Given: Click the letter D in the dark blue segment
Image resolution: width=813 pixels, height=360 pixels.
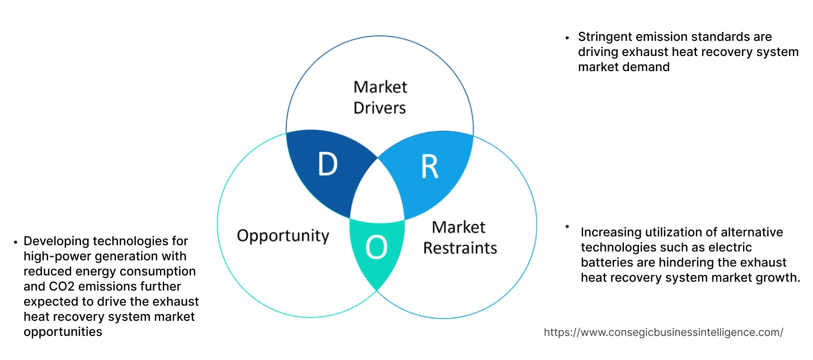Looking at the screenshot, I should tap(328, 165).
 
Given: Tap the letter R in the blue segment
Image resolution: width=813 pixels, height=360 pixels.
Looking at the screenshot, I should tap(429, 166).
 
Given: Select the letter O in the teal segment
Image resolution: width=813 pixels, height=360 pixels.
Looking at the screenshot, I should tap(377, 249).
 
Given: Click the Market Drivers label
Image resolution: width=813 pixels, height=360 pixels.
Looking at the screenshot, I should tap(380, 97).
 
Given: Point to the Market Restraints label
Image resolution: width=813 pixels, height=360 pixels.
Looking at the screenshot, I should tap(459, 237).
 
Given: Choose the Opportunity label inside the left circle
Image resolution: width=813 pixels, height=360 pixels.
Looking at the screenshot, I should tap(283, 235).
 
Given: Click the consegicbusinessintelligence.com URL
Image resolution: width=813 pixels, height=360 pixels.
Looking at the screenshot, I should tap(663, 332).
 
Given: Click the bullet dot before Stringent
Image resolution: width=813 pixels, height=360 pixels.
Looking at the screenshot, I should tap(567, 38).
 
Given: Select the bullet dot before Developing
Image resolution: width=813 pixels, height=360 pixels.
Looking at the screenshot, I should tap(15, 242).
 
